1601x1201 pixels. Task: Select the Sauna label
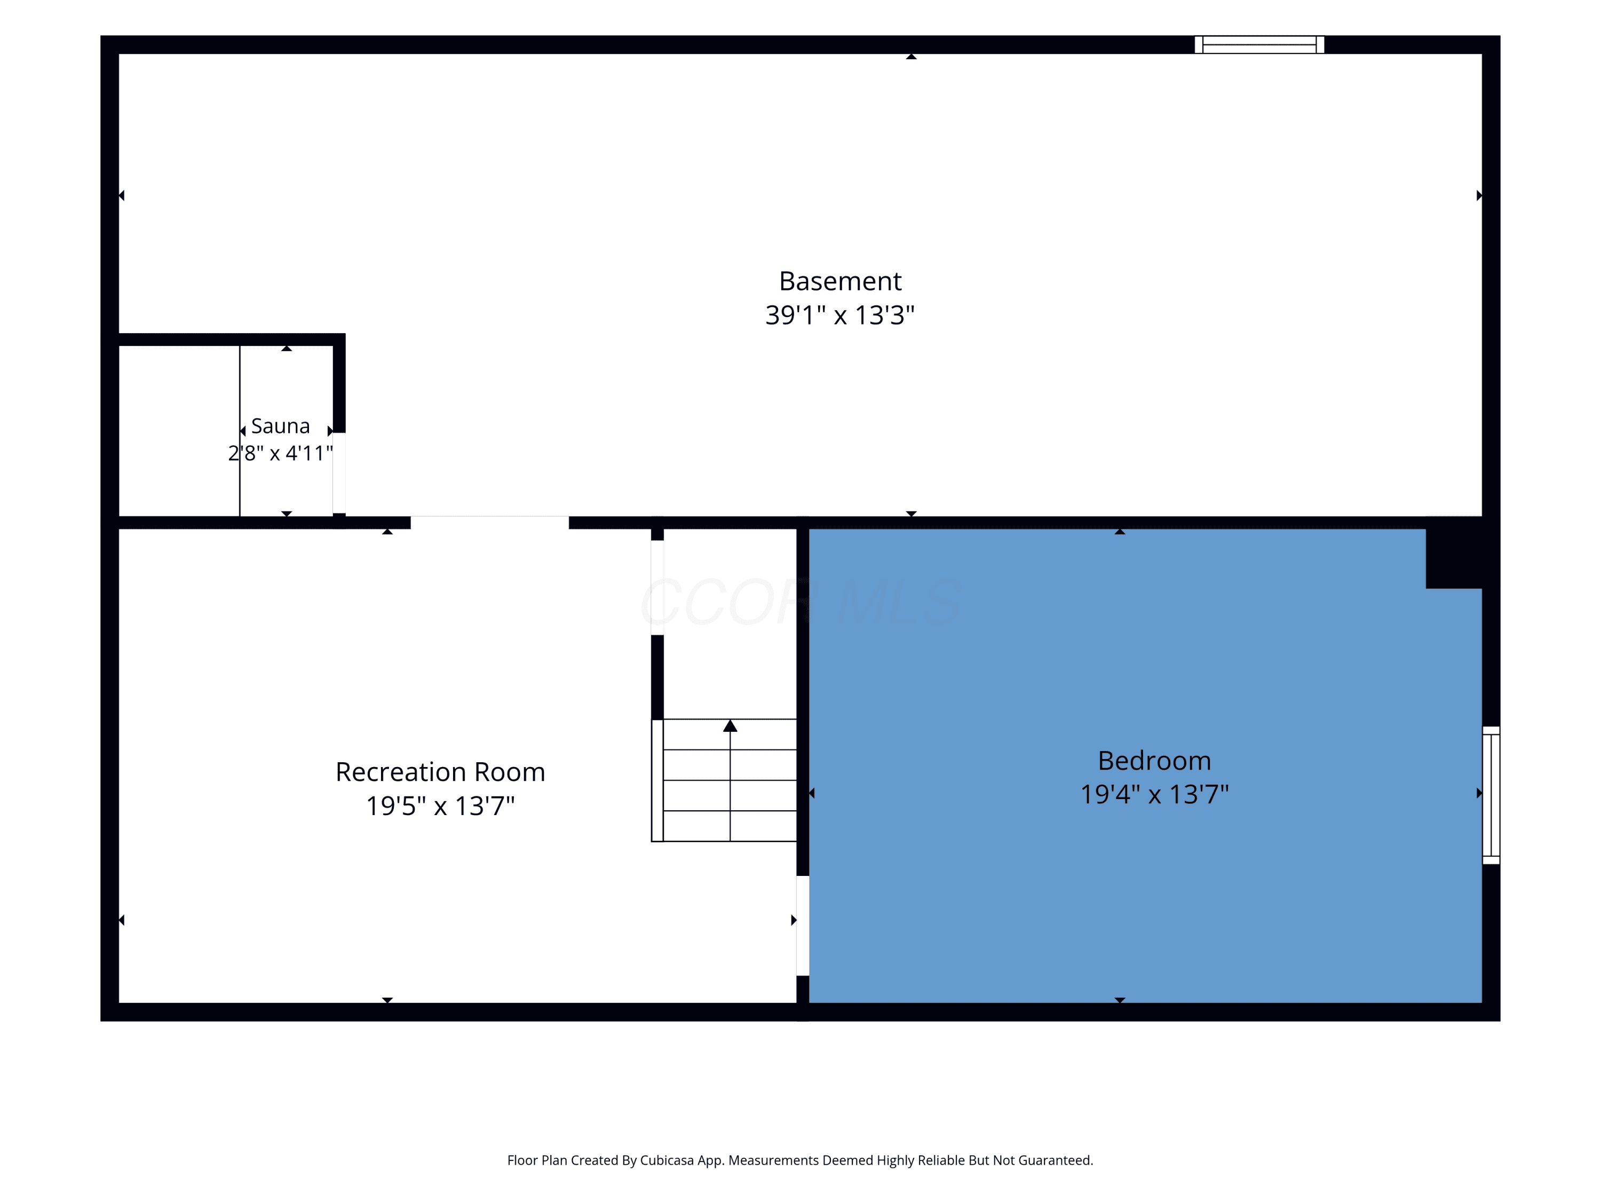point(280,425)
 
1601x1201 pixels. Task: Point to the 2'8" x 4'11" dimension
point(280,453)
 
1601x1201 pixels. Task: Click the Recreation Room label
point(440,772)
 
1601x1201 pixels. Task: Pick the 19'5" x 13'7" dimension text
point(440,805)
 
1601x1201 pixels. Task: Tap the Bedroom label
point(1154,760)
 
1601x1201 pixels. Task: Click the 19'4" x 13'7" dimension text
point(1154,794)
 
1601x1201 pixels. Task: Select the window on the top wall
point(1259,45)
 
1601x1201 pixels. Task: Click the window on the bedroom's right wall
point(1491,795)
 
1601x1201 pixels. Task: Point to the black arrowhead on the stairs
point(730,725)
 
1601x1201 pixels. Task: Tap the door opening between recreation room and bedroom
point(803,926)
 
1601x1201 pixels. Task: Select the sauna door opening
point(339,473)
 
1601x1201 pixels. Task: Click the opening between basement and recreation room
point(490,523)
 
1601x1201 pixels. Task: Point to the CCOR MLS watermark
point(800,602)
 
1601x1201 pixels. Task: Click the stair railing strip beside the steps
point(657,780)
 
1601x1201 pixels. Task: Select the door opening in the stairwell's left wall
point(657,587)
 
